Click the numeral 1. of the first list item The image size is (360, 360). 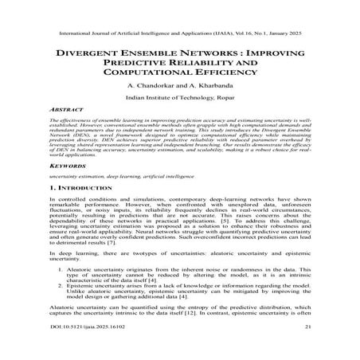click(62, 272)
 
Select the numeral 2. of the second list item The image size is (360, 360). click(62, 292)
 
